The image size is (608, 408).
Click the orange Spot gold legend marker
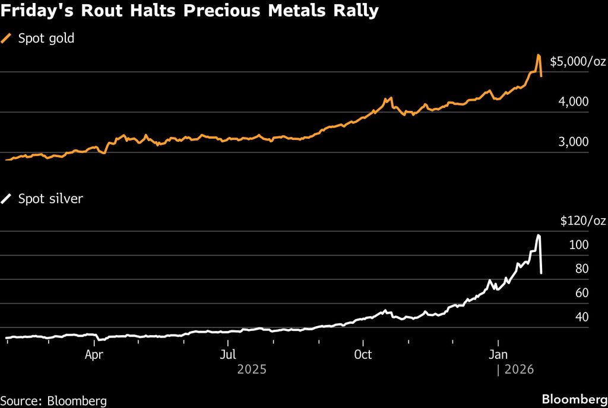(x=7, y=39)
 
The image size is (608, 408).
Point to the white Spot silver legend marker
(x=7, y=199)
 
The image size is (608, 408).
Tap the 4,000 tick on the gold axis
(x=573, y=102)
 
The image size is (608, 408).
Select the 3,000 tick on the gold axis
(x=573, y=142)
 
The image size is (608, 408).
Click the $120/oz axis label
(x=582, y=221)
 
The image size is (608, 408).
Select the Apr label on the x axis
(x=94, y=355)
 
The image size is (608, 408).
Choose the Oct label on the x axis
(x=362, y=355)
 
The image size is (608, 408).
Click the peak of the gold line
(x=539, y=55)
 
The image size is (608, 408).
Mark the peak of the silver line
(x=539, y=235)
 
